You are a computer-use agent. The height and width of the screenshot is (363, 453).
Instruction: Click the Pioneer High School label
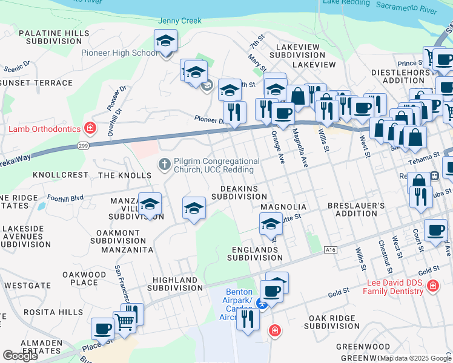(120, 53)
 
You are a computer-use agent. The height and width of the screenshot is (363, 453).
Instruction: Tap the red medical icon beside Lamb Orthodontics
(90, 128)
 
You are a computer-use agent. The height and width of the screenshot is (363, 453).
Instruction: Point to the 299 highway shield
(83, 145)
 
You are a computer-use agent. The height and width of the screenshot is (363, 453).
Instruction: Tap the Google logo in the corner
(20, 356)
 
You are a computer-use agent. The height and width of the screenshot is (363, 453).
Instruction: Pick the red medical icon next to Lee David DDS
(432, 286)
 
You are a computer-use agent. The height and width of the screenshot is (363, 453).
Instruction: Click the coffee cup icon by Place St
(102, 329)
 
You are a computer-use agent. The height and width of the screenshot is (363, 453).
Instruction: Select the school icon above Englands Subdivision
(271, 224)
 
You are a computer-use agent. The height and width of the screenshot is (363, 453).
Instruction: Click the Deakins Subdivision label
(239, 192)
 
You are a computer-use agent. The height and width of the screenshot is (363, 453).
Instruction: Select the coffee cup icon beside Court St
(435, 231)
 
